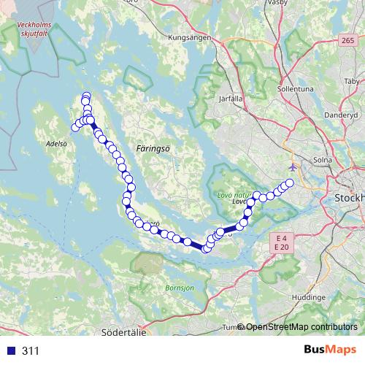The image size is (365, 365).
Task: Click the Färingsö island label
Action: tap(153, 147)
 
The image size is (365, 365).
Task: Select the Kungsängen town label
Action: tap(189, 37)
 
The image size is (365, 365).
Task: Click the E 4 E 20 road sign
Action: tap(280, 242)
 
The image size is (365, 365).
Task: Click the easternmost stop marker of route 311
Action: tap(289, 182)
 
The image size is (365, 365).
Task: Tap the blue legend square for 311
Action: tap(10, 350)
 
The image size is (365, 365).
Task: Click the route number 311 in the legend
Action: tap(31, 351)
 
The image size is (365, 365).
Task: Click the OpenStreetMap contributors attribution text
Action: tap(301, 326)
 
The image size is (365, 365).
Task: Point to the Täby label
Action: tap(351, 81)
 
